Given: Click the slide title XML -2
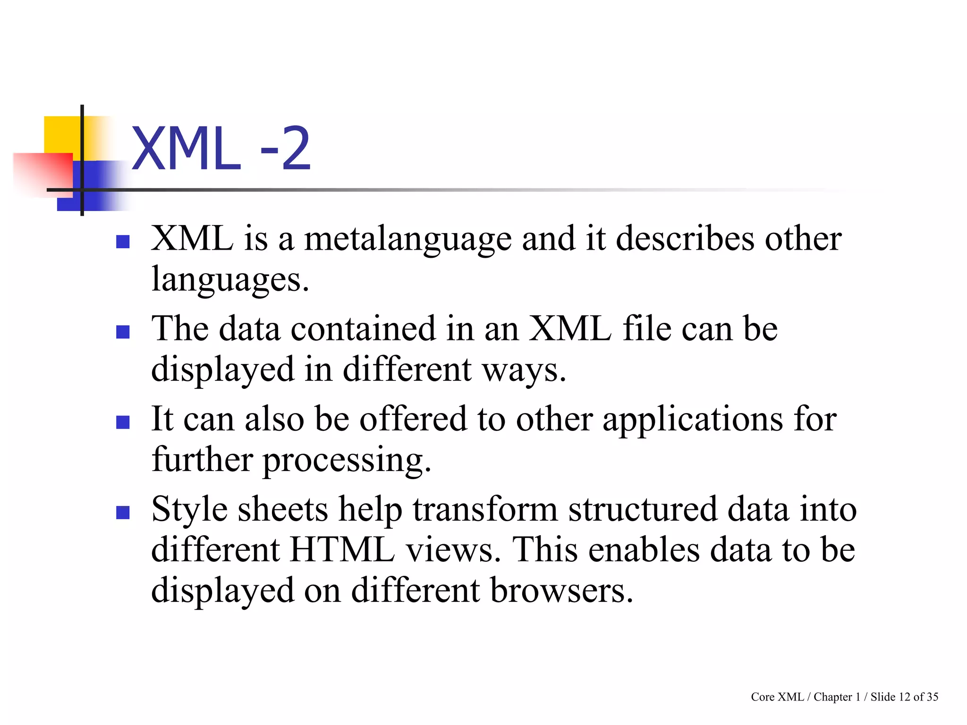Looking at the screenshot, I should (221, 149).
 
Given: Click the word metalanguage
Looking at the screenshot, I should (407, 239).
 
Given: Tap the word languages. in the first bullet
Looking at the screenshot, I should (230, 279).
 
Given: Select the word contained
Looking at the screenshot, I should (363, 329).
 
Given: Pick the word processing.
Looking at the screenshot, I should (347, 460).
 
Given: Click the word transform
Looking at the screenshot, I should (485, 510).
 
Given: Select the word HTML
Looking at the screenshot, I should (342, 550).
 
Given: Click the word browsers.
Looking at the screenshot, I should (561, 591).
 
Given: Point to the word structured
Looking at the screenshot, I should (642, 510).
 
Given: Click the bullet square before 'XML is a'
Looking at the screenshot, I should (123, 242).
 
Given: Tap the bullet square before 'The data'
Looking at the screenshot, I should (123, 332).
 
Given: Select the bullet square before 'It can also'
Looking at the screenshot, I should (123, 422).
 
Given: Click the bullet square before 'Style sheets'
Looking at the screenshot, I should (123, 513).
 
